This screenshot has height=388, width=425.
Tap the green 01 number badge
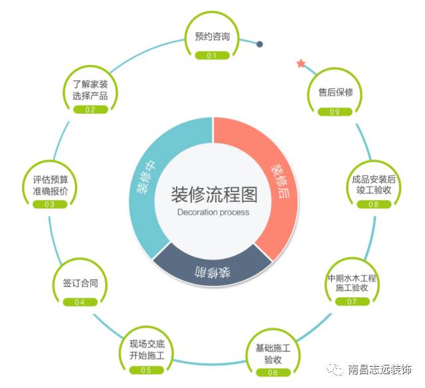212,56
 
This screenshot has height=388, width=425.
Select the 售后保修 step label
335,92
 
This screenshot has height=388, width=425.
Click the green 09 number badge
335,112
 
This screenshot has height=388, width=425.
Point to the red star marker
301,64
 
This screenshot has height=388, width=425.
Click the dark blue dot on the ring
260,45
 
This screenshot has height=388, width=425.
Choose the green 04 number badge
80,302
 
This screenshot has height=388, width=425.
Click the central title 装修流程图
213,195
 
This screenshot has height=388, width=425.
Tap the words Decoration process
213,213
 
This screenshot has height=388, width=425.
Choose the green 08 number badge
373,204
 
